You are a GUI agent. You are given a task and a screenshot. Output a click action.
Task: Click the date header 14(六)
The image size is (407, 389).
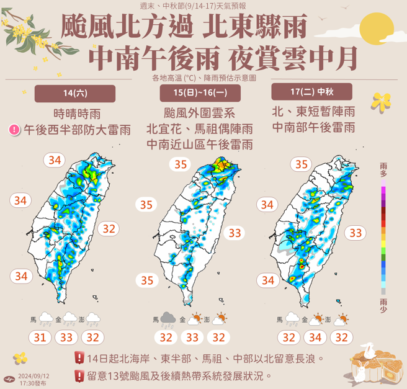click(x=75, y=94)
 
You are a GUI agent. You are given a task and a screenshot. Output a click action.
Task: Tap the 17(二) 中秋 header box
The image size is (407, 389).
click(x=311, y=92)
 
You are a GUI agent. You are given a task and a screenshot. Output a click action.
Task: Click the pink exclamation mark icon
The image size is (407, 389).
click(x=14, y=130)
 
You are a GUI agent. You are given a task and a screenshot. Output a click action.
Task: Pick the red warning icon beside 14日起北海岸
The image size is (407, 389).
click(x=79, y=358)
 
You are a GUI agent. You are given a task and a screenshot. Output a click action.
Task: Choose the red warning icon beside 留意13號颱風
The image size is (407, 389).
click(x=79, y=375)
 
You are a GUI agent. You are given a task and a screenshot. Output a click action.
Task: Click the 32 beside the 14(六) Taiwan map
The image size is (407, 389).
click(x=109, y=228)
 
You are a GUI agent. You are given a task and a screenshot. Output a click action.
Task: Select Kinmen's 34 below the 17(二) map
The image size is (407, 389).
click(x=315, y=338)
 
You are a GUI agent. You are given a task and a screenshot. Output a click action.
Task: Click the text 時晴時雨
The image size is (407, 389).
click(x=77, y=114)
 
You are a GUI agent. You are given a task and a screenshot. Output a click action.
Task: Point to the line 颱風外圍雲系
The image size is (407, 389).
click(x=199, y=114)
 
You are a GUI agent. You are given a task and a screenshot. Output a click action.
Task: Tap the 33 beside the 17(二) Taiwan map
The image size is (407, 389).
click(x=356, y=233)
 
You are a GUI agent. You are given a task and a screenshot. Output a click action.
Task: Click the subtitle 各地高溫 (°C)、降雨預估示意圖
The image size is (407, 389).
click(x=204, y=78)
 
